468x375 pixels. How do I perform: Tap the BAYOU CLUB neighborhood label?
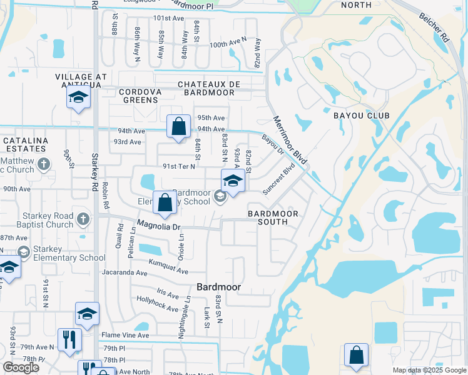[361, 116]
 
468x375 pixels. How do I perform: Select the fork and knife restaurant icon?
[69, 340]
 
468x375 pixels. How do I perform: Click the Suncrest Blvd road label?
[279, 179]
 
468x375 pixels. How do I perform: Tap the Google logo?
[21, 367]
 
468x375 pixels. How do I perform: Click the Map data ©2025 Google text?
[429, 370]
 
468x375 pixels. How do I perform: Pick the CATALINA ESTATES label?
[24, 144]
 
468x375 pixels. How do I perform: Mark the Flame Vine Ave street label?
[126, 335]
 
